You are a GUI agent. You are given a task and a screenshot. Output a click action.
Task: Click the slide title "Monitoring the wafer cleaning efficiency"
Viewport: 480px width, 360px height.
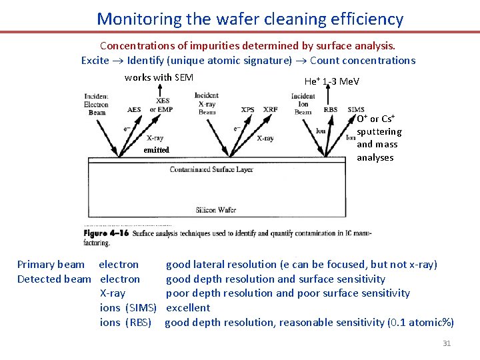click(250, 19)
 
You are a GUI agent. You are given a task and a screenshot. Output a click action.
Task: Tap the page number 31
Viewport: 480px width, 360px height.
click(447, 343)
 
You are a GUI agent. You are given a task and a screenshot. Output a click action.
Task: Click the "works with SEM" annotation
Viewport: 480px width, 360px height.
click(159, 77)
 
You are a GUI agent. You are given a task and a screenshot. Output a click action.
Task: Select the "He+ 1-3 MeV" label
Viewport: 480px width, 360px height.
click(331, 81)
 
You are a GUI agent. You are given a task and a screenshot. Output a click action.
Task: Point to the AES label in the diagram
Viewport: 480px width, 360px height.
click(134, 109)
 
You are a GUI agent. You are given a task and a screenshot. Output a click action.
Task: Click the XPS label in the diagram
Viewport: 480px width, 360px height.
click(248, 109)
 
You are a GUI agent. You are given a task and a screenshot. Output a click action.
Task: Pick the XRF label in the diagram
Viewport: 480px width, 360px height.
click(271, 109)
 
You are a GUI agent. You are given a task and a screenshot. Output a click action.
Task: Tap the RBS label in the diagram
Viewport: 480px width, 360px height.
click(330, 109)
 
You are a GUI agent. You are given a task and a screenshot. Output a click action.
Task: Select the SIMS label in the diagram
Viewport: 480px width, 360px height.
click(356, 109)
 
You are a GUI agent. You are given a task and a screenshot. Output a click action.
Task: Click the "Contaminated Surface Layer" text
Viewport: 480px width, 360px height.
click(211, 169)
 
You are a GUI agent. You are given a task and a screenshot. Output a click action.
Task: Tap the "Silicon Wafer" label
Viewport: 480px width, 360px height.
click(215, 210)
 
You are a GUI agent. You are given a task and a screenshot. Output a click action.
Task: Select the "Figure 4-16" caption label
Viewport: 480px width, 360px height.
click(106, 235)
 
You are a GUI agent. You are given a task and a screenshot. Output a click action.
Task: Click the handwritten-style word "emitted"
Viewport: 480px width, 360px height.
click(157, 150)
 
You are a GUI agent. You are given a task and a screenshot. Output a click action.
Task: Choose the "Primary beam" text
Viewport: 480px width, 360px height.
click(51, 265)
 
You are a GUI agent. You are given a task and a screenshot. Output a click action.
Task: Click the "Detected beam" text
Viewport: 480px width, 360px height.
click(54, 279)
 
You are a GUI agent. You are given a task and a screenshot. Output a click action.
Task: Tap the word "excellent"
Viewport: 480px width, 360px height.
click(187, 308)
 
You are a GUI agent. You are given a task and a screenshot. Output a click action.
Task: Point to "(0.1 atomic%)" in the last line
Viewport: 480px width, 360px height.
click(421, 323)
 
